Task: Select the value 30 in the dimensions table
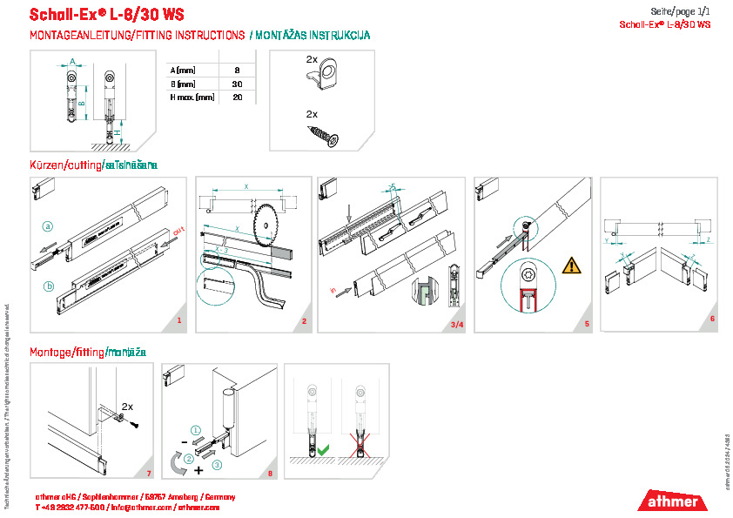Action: click(x=237, y=84)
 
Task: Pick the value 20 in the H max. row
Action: click(x=237, y=98)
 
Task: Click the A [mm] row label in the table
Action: click(x=182, y=69)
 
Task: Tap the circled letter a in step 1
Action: click(x=50, y=225)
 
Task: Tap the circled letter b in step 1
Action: click(x=50, y=285)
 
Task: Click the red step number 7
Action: click(x=149, y=474)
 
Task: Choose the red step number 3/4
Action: click(x=456, y=325)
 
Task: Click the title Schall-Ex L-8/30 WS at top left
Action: click(x=106, y=15)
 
